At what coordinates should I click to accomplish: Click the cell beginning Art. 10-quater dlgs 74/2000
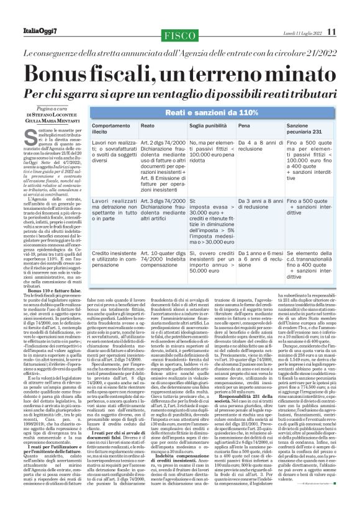pyautogui.click(x=163, y=257)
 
